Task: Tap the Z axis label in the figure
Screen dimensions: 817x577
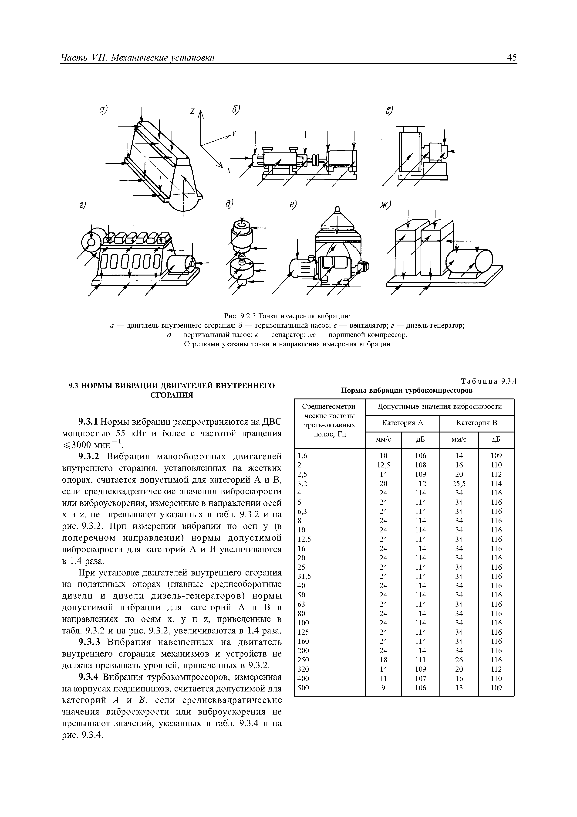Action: coord(192,111)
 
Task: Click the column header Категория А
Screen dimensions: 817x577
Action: coord(402,423)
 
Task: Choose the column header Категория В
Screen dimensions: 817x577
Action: coord(476,423)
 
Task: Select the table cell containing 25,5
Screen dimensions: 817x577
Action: coord(459,483)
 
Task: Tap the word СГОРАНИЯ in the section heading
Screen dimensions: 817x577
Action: coord(172,395)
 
